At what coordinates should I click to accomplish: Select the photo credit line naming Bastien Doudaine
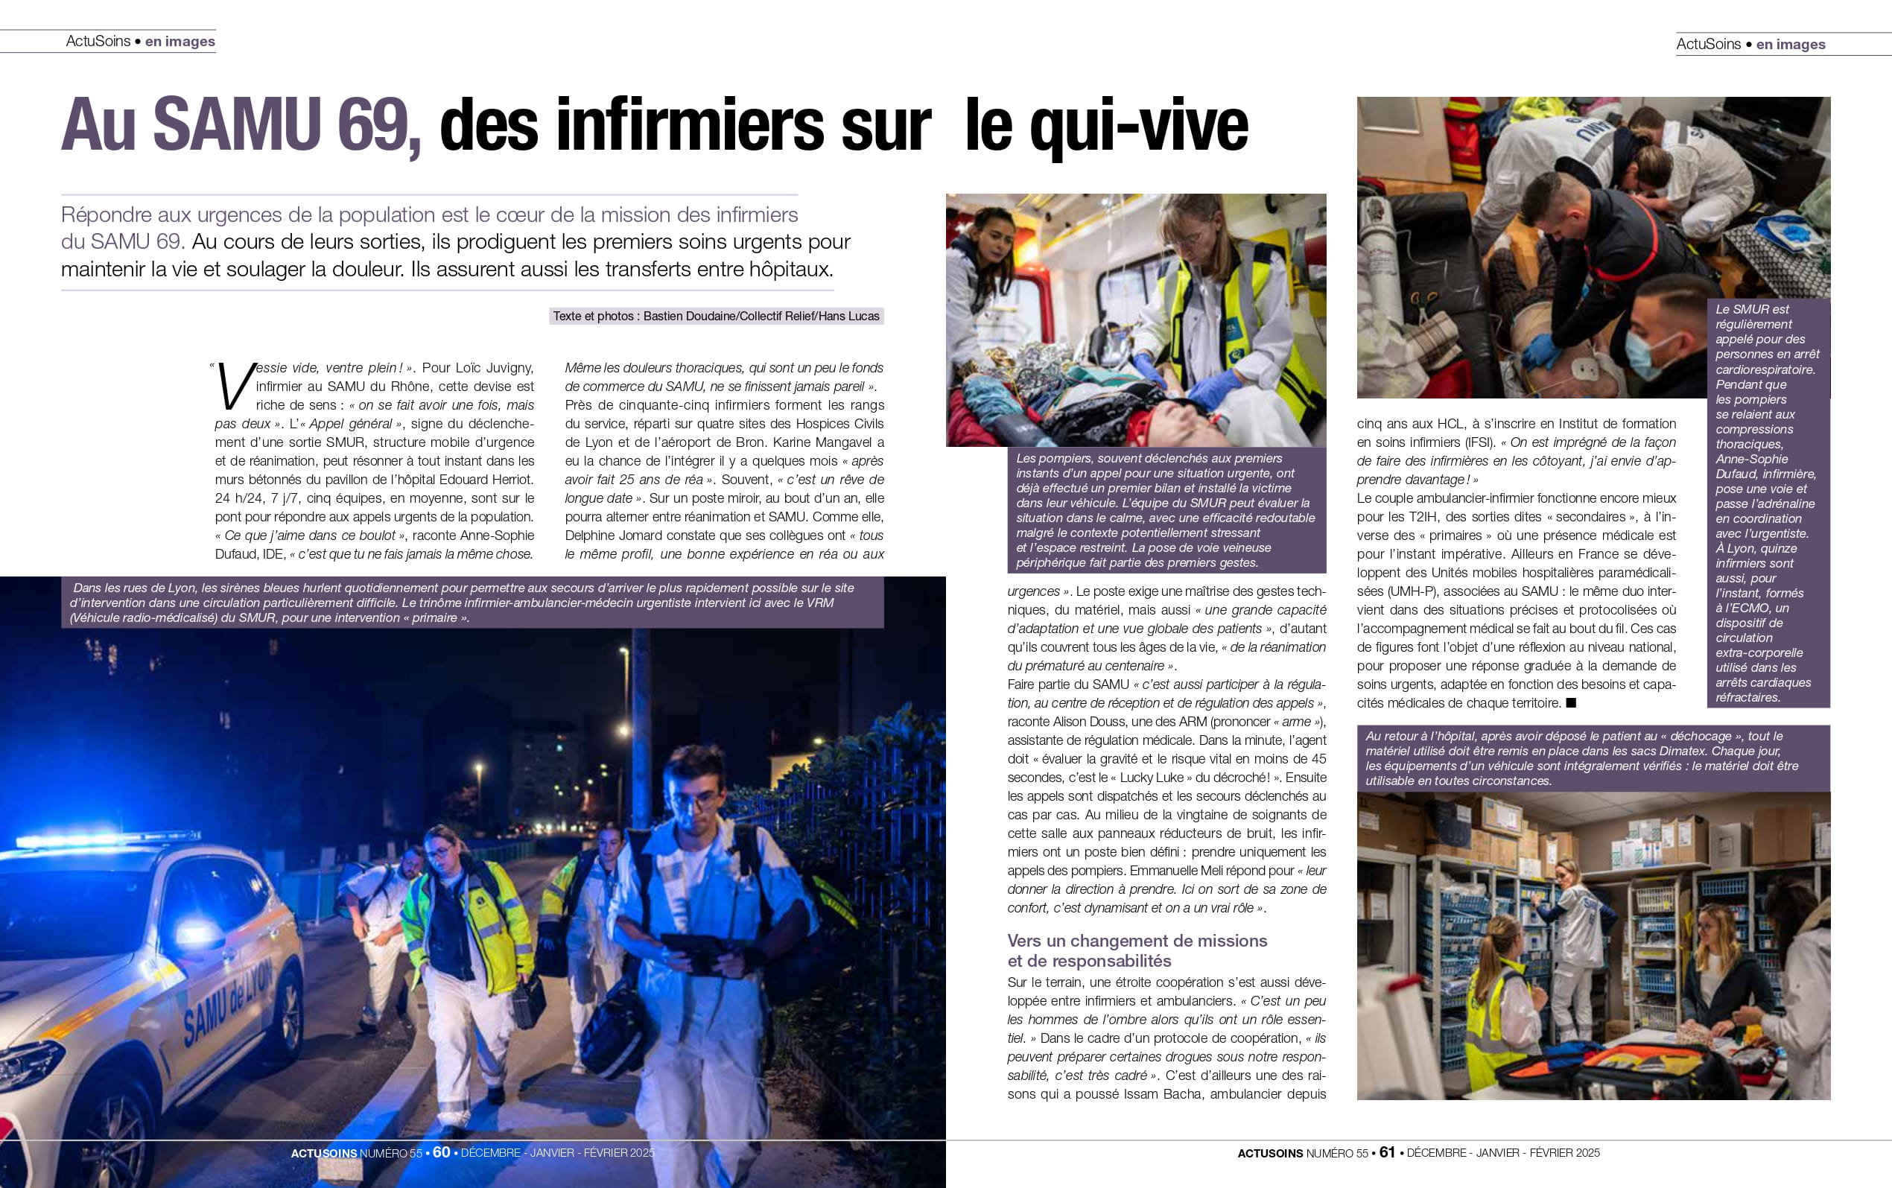click(716, 316)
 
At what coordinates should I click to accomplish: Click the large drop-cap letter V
click(234, 387)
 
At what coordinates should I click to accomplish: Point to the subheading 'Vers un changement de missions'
click(1137, 941)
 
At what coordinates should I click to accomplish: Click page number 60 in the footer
click(442, 1153)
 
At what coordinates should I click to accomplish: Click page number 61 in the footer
click(1388, 1153)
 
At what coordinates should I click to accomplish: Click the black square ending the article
click(1571, 703)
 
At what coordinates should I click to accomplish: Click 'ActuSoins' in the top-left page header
click(98, 41)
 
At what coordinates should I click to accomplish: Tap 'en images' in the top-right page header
click(1791, 45)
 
